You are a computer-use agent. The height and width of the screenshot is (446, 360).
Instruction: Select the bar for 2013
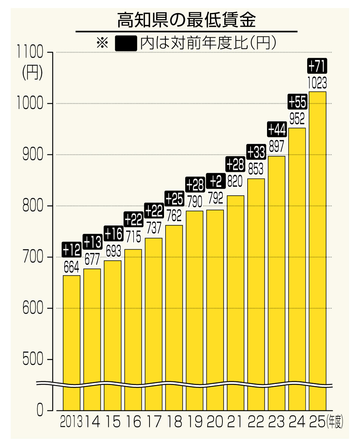(71, 342)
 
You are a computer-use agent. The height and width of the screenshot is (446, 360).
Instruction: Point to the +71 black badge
(317, 67)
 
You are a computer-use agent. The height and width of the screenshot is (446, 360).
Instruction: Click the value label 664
(71, 267)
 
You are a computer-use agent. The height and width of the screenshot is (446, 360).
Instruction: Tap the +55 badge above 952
(297, 101)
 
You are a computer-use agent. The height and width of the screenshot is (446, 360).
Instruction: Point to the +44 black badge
(277, 130)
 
